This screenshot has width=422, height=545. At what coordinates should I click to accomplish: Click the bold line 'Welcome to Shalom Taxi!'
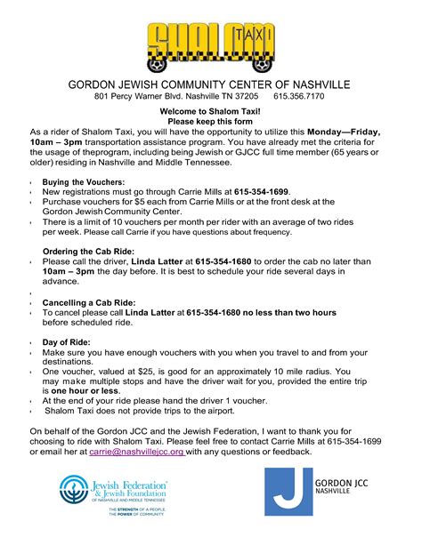[x=210, y=111]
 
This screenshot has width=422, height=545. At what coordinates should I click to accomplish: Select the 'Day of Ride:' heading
[x=68, y=342]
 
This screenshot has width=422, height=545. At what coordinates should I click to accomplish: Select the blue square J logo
[x=288, y=492]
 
